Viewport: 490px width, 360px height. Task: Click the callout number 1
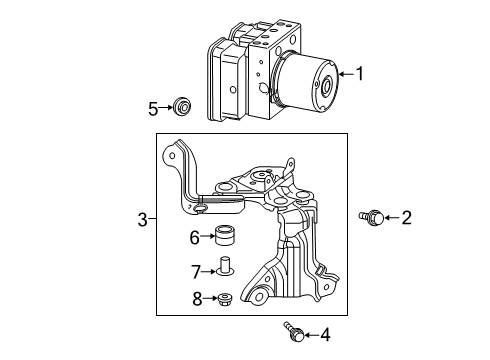[x=362, y=73]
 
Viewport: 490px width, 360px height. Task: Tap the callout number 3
[x=142, y=219]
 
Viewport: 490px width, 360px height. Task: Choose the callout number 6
[x=195, y=236]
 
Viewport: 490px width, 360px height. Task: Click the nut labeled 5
[x=181, y=105]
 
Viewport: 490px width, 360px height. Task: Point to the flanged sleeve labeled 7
[x=225, y=267]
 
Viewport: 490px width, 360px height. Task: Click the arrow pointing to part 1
[x=346, y=73]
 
